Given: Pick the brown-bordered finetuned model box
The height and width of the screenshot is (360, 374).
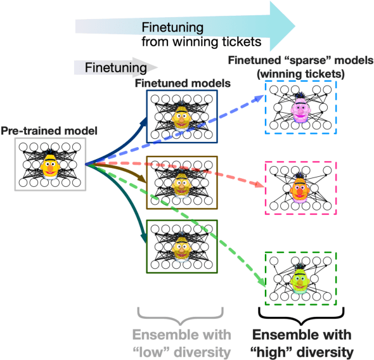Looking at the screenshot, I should [182, 182].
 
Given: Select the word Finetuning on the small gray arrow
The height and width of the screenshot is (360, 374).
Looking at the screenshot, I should [110, 67].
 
